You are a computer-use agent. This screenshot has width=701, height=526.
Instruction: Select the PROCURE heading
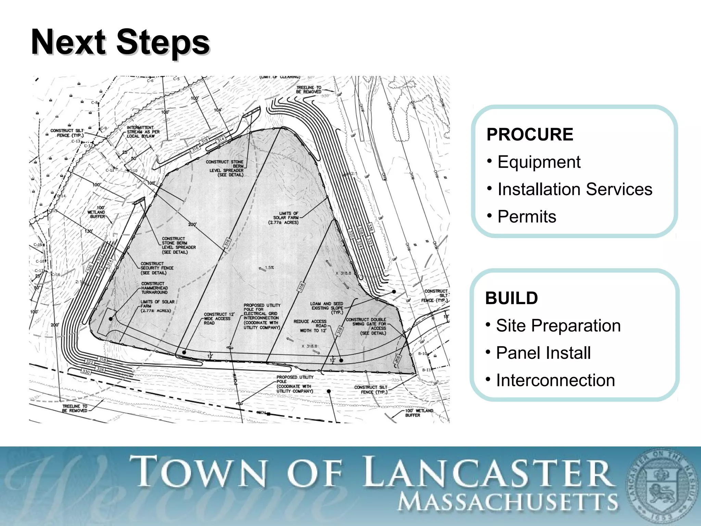pyautogui.click(x=530, y=134)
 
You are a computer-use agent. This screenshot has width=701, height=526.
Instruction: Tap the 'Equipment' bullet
pyautogui.click(x=539, y=162)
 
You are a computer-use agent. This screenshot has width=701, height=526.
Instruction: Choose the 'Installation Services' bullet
pyautogui.click(x=575, y=189)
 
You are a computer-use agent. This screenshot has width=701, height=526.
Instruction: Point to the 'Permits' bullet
pyautogui.click(x=526, y=216)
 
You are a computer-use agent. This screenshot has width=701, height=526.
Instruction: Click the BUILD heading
pyautogui.click(x=511, y=298)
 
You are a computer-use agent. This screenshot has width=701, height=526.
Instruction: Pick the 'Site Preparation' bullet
pyautogui.click(x=558, y=325)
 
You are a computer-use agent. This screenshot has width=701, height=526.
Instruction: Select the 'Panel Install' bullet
pyautogui.click(x=543, y=353)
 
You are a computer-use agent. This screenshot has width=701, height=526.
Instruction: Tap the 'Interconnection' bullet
pyautogui.click(x=555, y=380)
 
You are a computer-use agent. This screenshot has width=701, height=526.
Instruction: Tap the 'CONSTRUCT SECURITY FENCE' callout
pyautogui.click(x=157, y=268)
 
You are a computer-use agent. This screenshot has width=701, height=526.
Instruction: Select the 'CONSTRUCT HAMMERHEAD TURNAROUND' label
pyautogui.click(x=154, y=288)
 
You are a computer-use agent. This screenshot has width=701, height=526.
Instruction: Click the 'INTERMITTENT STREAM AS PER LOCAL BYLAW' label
pyautogui.click(x=143, y=132)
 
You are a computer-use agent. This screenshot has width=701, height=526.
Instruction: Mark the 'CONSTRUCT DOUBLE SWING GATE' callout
pyautogui.click(x=366, y=326)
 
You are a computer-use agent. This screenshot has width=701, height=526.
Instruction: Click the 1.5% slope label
pyautogui.click(x=269, y=267)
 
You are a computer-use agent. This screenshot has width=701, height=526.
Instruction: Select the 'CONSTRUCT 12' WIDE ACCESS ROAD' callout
pyautogui.click(x=219, y=318)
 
